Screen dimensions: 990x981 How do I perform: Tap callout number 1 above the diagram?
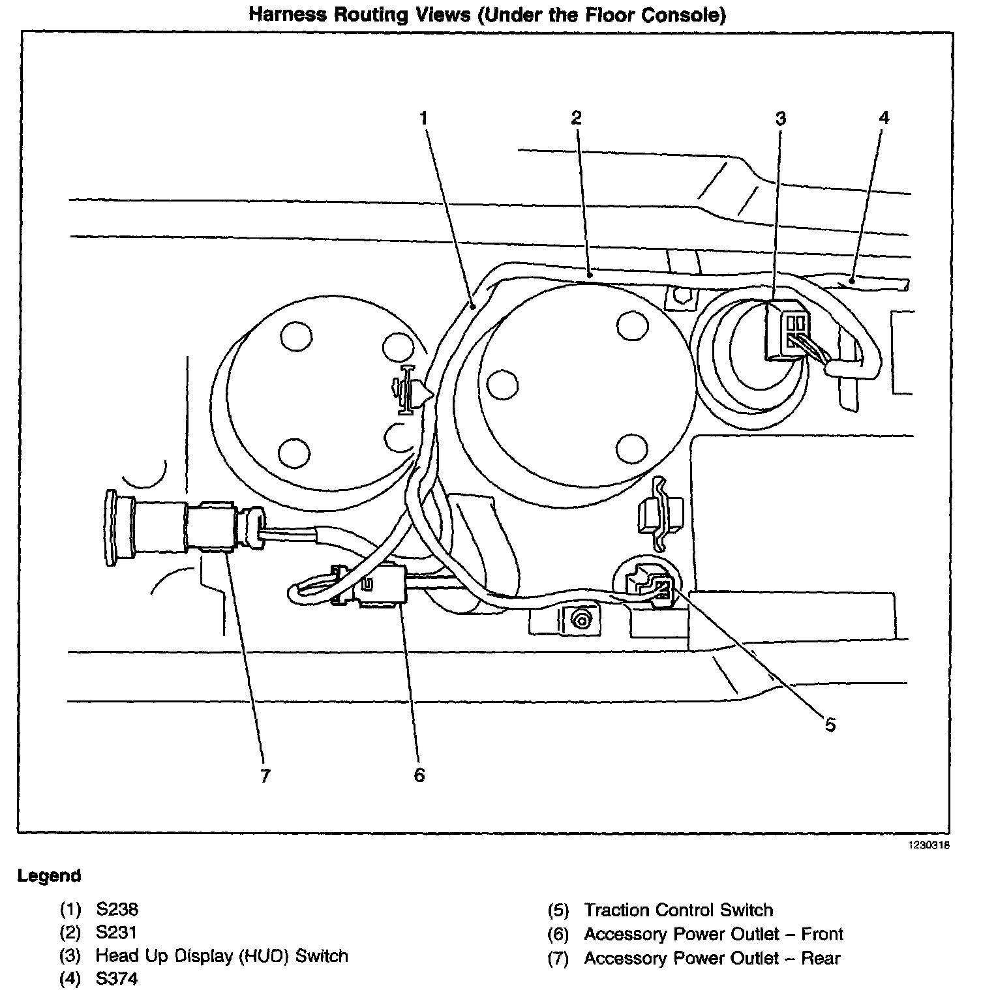click(424, 119)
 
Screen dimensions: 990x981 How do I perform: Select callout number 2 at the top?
click(576, 118)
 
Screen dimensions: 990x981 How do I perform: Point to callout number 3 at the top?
click(781, 119)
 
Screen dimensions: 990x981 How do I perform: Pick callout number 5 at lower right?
click(830, 725)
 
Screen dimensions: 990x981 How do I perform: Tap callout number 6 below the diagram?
click(419, 775)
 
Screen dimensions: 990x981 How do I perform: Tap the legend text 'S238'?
click(117, 909)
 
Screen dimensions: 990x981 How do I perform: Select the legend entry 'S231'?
click(117, 933)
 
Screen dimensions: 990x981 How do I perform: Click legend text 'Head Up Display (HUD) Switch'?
click(222, 956)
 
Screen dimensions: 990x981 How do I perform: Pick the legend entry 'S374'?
click(117, 979)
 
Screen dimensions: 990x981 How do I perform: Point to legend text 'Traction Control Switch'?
click(678, 910)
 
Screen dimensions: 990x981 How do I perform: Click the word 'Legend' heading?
click(50, 876)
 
